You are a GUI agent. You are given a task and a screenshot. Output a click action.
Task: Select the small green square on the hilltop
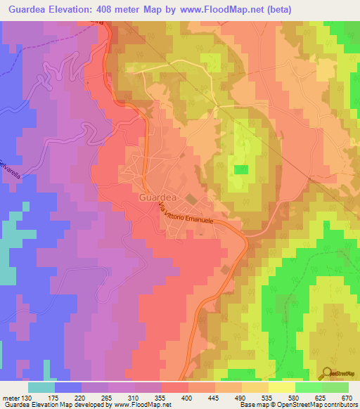(x=240, y=169)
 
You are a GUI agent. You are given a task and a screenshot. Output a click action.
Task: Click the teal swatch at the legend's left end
(x=41, y=387)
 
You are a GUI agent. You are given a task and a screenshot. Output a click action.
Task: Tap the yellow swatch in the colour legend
(x=281, y=387)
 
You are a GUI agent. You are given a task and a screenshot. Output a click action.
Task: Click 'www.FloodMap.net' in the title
(x=218, y=9)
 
